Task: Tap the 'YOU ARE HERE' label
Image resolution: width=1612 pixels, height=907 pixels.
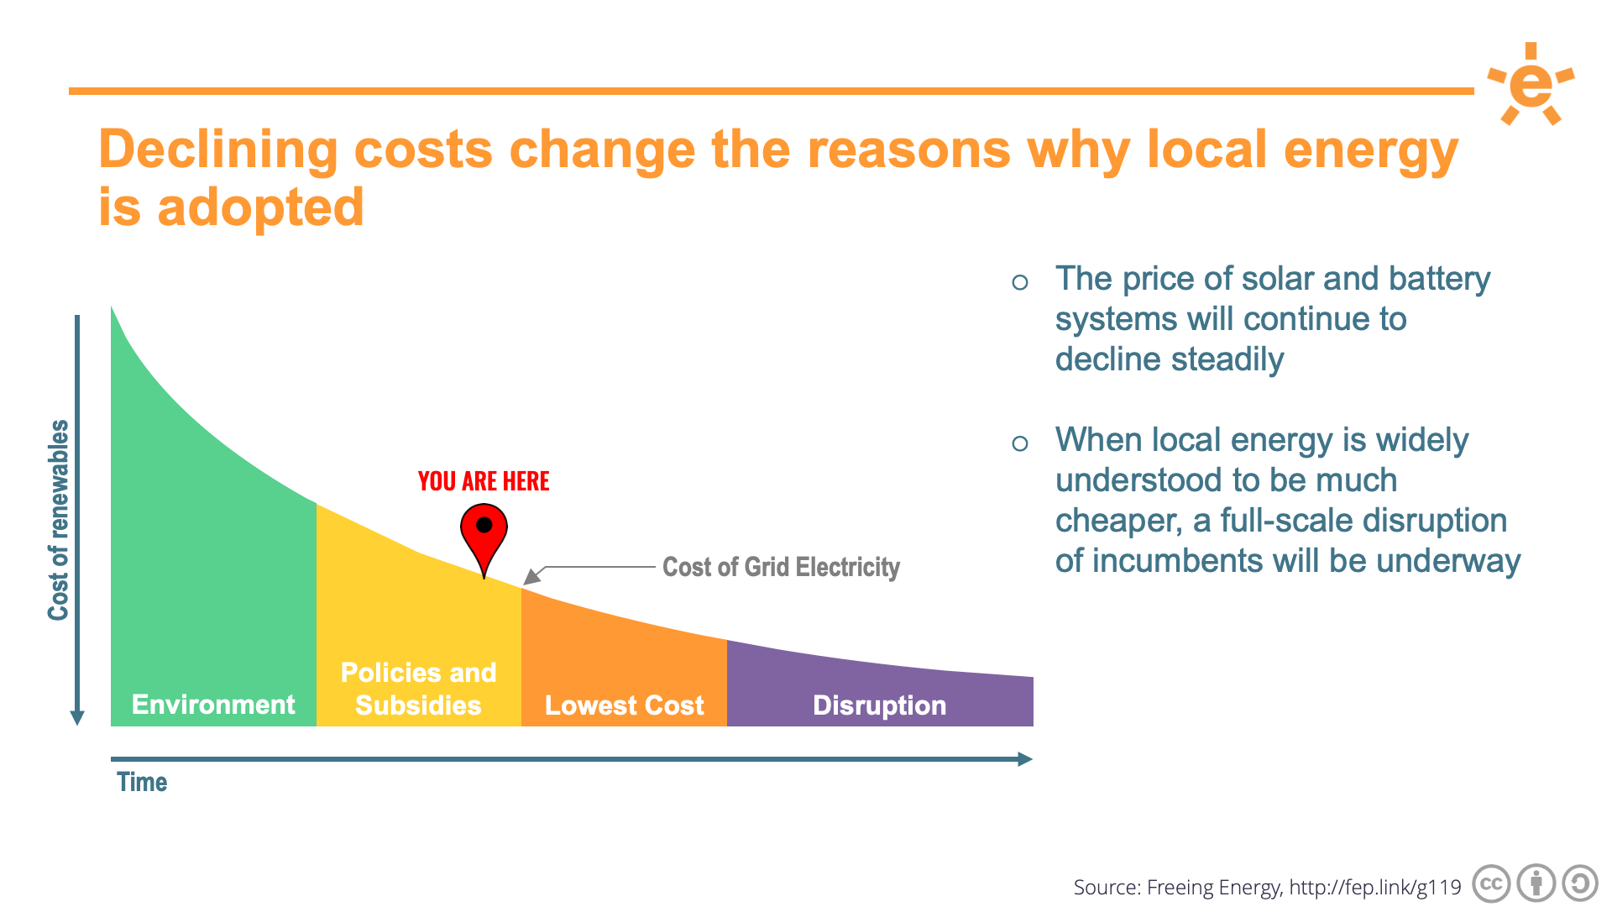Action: pos(484,481)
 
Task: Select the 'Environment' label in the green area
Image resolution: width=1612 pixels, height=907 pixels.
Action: pos(213,705)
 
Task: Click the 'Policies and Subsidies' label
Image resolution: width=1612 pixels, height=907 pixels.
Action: pos(418,689)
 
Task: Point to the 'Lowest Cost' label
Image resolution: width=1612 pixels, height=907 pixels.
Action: pos(624,705)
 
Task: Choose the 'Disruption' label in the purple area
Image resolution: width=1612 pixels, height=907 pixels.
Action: pos(879,705)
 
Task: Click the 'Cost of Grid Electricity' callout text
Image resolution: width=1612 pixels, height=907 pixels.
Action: pos(781,567)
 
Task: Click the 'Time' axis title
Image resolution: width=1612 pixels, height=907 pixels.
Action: pos(142,783)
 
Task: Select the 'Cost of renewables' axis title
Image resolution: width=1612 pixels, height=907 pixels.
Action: pos(58,520)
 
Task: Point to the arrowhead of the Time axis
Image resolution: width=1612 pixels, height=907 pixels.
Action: pos(1024,759)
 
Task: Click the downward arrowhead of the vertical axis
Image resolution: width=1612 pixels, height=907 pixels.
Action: pos(77,718)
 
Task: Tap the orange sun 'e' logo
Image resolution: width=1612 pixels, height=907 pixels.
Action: pos(1531,84)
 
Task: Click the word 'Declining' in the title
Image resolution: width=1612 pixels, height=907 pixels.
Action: pos(218,150)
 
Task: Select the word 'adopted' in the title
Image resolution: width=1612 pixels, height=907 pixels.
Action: pos(260,207)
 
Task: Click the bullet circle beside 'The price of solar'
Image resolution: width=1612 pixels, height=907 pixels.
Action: pos(1020,282)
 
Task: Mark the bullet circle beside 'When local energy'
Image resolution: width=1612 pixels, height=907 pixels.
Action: pos(1020,443)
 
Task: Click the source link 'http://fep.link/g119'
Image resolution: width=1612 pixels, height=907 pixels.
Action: pos(1375,888)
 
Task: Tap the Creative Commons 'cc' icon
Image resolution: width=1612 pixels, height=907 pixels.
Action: pos(1491,884)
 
